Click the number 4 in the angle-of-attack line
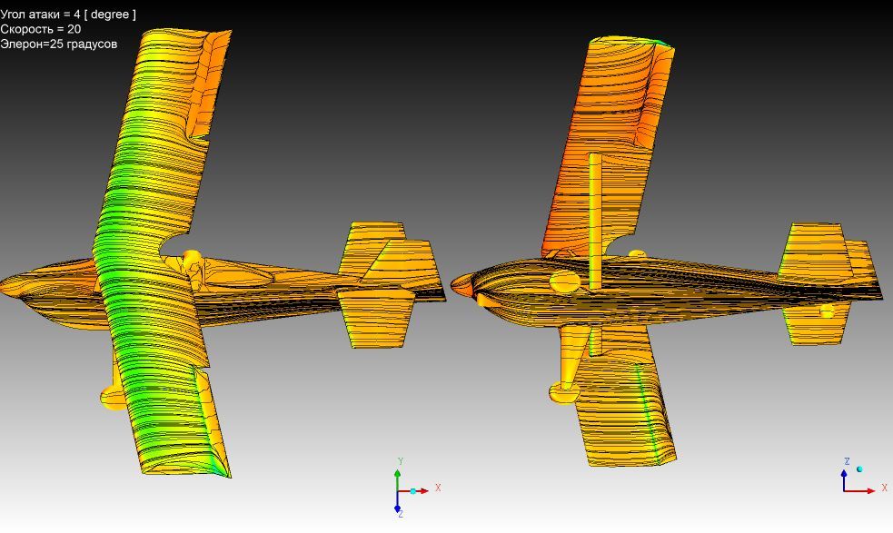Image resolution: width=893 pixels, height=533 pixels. (77, 15)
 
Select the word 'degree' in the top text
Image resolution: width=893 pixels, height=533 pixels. (109, 15)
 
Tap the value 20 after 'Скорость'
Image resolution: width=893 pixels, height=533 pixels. (74, 29)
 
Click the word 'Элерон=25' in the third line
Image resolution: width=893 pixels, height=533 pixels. (32, 44)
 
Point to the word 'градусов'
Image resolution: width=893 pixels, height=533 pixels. (92, 44)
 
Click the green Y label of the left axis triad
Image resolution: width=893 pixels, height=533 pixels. (401, 461)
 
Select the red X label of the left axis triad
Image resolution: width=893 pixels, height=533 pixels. (438, 488)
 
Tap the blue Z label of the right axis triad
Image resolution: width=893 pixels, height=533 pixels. (847, 462)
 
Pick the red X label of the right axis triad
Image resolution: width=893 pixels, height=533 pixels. (885, 488)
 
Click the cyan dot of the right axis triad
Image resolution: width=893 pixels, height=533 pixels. (859, 469)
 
